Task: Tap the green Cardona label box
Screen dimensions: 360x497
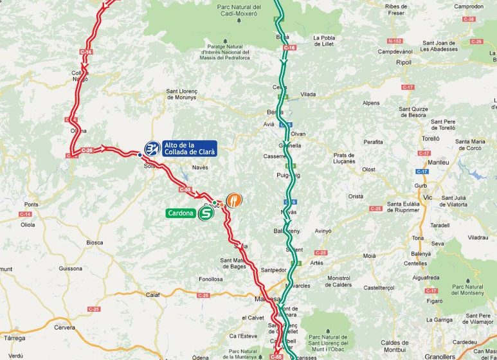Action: (x=180, y=213)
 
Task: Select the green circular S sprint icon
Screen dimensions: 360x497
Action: (x=206, y=215)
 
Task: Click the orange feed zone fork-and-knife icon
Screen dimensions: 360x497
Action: (x=234, y=200)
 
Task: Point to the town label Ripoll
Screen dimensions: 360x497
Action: (x=404, y=63)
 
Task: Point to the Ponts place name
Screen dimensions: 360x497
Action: (x=32, y=204)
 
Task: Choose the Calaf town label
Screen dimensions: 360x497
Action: (x=153, y=294)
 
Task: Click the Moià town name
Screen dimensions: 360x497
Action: (x=369, y=255)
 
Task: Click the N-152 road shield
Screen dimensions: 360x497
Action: (x=395, y=40)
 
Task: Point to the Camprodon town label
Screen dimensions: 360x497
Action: (x=468, y=6)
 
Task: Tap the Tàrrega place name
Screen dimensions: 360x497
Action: (x=15, y=337)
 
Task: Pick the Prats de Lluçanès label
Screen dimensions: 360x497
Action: (x=345, y=158)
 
